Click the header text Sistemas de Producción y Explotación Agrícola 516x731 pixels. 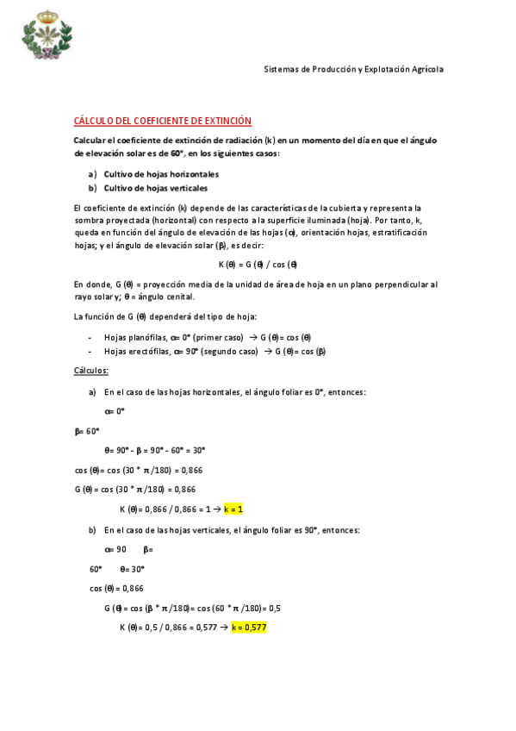[x=353, y=69]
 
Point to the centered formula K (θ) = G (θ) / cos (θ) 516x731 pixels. [x=258, y=264]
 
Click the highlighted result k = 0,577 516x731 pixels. [x=249, y=628]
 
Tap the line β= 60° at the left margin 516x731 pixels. [x=87, y=430]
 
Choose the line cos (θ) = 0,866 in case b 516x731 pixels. [x=116, y=588]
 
